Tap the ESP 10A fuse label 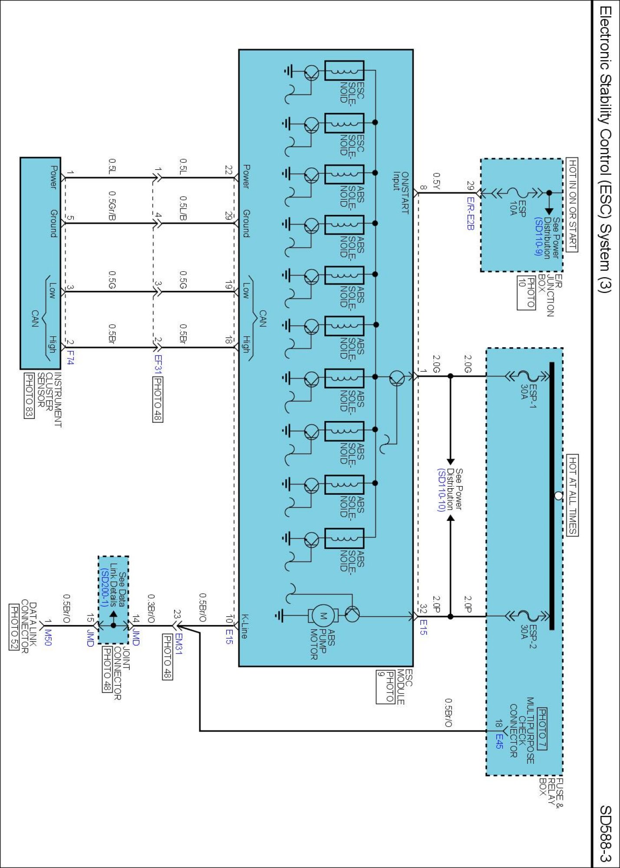(x=518, y=208)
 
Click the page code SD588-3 (x=605, y=834)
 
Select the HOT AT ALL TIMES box (x=573, y=495)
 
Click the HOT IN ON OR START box (x=573, y=204)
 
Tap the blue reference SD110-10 (x=441, y=490)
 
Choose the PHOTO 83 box (x=29, y=395)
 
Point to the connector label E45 (x=499, y=741)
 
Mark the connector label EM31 (x=178, y=644)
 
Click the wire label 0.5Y (x=436, y=181)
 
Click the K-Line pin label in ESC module (x=244, y=626)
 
